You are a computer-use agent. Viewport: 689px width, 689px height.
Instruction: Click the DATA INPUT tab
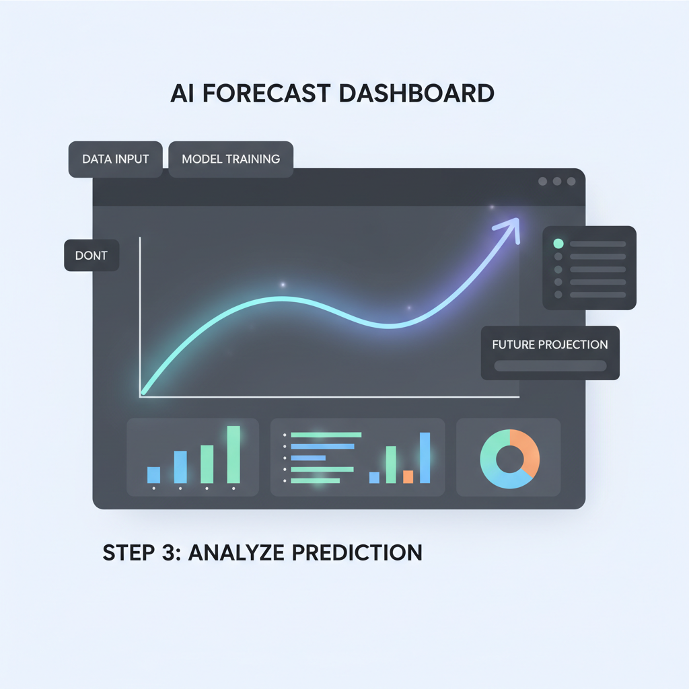click(115, 159)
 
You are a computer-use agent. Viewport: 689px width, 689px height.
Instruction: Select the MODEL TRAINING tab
click(231, 159)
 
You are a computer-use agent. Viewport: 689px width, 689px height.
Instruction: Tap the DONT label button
click(92, 256)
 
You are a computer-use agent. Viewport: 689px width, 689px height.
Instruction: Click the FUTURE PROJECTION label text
click(550, 344)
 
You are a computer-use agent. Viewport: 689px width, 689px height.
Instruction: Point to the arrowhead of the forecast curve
click(513, 224)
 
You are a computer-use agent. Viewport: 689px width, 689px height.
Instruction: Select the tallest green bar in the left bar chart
click(233, 454)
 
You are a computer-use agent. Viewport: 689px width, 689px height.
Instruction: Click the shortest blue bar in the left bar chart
click(153, 474)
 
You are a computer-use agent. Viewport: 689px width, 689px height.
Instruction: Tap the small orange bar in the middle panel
click(408, 476)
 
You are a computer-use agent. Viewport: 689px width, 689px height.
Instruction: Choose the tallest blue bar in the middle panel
click(425, 458)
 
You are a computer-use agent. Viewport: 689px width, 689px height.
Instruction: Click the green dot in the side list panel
click(558, 244)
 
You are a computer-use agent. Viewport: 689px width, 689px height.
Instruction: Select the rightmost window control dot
click(571, 182)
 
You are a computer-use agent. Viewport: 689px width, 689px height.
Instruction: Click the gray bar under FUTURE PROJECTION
click(550, 366)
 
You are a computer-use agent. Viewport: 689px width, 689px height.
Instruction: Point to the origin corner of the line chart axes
click(140, 397)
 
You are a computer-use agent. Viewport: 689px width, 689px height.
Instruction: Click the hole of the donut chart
click(509, 459)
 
